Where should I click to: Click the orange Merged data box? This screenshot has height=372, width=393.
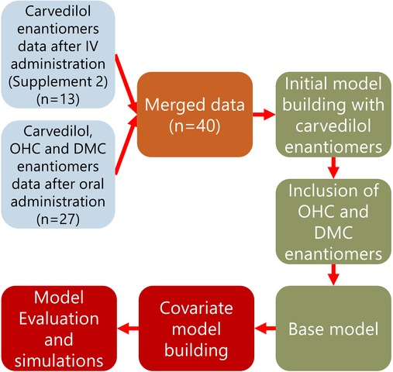coord(195,115)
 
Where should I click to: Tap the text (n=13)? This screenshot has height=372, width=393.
coord(58,99)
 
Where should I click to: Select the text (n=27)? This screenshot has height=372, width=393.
coord(58,219)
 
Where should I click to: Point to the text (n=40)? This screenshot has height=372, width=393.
coord(195,126)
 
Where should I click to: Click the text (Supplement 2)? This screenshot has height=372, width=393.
coord(58,81)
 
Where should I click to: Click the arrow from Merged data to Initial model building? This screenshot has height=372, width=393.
coord(264,114)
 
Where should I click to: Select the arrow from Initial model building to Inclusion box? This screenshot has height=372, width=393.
coord(333,167)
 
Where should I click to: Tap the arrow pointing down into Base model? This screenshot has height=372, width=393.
coord(333,274)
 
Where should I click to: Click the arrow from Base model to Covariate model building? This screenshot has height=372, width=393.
coord(265,329)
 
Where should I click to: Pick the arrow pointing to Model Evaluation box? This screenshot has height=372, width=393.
coord(128,329)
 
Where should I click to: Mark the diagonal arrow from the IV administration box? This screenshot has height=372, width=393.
coord(126,83)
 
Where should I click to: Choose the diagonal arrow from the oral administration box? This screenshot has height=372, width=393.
coord(126,145)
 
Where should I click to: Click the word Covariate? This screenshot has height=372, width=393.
coord(196,308)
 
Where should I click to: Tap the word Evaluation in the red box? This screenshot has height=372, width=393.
coord(59,319)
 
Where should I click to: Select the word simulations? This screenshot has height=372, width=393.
coord(59,360)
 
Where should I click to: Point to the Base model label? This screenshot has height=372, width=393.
coord(333,329)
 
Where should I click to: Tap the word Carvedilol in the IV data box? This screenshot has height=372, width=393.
coord(58,11)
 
